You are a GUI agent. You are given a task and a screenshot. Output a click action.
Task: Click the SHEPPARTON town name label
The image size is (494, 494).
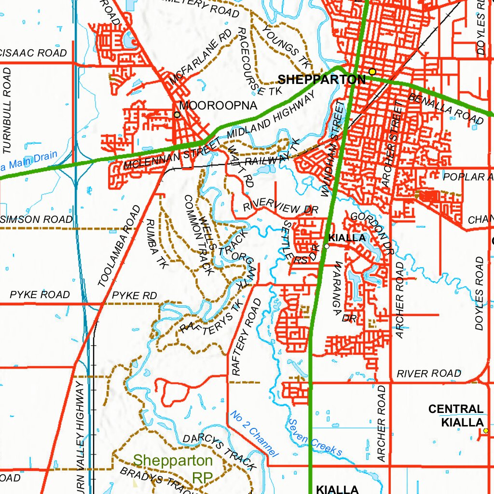(x=322, y=80)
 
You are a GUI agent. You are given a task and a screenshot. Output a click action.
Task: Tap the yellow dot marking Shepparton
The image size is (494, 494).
(x=372, y=71)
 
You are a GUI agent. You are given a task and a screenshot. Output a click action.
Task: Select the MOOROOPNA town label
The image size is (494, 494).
(x=219, y=105)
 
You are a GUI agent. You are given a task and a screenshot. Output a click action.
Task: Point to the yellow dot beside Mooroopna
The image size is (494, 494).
(x=177, y=114)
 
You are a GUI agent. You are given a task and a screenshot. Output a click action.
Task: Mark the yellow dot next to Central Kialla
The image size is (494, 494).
(x=485, y=430)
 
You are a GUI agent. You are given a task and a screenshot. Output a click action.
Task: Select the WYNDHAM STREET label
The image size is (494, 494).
(x=333, y=150)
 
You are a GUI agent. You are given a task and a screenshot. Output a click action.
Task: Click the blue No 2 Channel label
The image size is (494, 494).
(x=254, y=434)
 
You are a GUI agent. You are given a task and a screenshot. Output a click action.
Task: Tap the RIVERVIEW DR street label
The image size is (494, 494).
(x=281, y=206)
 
